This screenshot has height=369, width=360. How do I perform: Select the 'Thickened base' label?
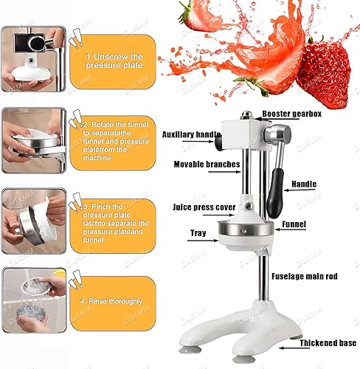(329, 344)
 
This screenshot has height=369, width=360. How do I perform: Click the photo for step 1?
(31, 61)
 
